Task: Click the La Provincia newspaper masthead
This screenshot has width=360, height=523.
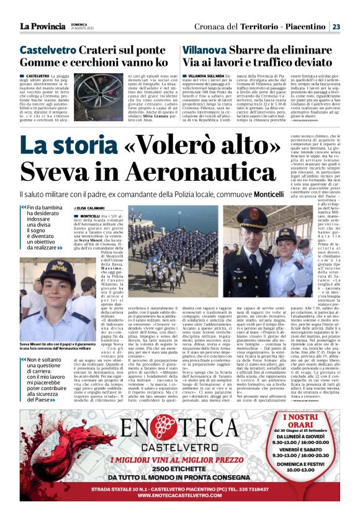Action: [42, 26]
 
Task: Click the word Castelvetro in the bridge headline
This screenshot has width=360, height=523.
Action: [43, 50]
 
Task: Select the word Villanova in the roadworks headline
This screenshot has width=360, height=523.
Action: [204, 50]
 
